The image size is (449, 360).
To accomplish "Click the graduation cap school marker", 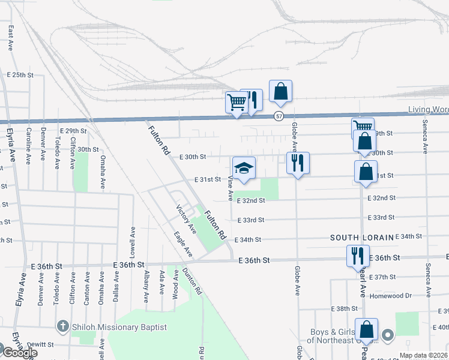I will tap(244, 169).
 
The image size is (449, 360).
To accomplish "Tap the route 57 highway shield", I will tap(279, 115).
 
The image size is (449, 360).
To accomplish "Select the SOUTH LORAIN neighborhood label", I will tap(362, 238).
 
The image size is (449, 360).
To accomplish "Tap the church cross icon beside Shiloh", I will tap(61, 326).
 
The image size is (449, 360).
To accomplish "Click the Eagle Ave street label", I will tap(182, 245).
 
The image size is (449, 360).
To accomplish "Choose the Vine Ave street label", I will tap(229, 189).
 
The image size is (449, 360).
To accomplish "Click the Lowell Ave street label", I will tap(132, 239).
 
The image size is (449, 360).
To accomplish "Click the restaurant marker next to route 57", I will tap(253, 101).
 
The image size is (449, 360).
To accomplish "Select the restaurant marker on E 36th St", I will tap(355, 256).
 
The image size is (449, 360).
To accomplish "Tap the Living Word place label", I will tap(428, 109).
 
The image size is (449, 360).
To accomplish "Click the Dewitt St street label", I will tap(41, 345).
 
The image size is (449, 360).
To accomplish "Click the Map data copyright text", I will tap(423, 355).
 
